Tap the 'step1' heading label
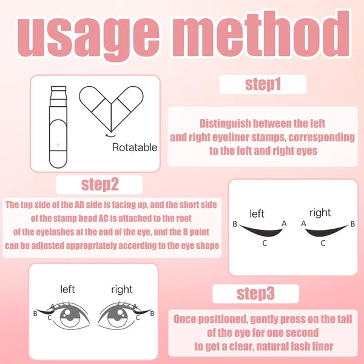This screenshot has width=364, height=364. pyautogui.click(x=263, y=84)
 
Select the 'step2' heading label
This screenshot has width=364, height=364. pyautogui.click(x=100, y=185)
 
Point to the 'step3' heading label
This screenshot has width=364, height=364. pyautogui.click(x=255, y=294)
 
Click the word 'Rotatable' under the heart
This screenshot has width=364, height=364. pyautogui.click(x=135, y=147)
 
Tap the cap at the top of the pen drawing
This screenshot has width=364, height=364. pyautogui.click(x=58, y=89)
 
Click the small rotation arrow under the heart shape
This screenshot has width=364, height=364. pyautogui.click(x=110, y=135)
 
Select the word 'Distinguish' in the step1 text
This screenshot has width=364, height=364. pyautogui.click(x=224, y=124)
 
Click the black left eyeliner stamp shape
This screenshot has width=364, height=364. pyautogui.click(x=261, y=231)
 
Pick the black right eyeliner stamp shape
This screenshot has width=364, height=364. pyautogui.click(x=326, y=231)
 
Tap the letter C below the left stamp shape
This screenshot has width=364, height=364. pyautogui.click(x=265, y=243)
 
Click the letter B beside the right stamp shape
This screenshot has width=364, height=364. pyautogui.click(x=352, y=224)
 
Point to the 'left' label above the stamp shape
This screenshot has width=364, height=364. pyautogui.click(x=257, y=214)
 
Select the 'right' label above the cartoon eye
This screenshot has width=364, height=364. pyautogui.click(x=122, y=290)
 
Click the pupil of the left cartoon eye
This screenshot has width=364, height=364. pyautogui.click(x=70, y=316)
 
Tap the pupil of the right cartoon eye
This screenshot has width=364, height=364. pyautogui.click(x=118, y=316)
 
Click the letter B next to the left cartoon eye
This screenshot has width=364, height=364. pyautogui.click(x=35, y=314)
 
